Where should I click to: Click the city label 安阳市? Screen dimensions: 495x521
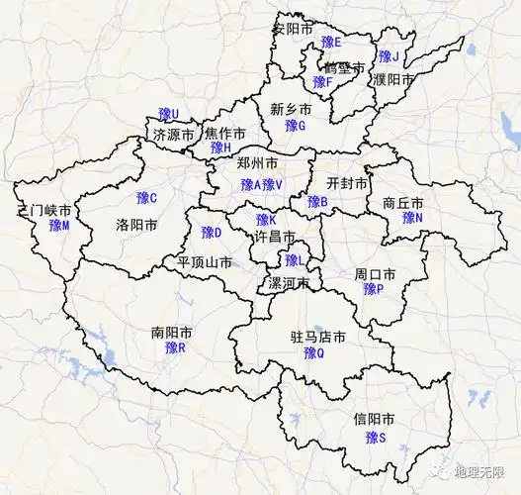coord(293,28)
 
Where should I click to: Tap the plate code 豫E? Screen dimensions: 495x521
coord(330,43)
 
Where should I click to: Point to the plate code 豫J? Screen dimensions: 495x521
coord(388,56)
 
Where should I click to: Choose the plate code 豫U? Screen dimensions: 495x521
coord(169,115)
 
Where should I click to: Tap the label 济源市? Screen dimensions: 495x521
coord(173,135)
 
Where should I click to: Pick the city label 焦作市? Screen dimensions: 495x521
coord(226,133)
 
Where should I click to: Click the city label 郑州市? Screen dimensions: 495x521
coord(257,163)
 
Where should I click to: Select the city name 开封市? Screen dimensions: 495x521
coord(347,184)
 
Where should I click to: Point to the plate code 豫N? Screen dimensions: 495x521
coord(412,218)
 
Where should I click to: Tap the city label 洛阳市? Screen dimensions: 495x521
coord(136,225)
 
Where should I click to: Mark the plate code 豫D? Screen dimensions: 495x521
coord(212,233)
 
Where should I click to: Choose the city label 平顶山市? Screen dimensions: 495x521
coord(205,263)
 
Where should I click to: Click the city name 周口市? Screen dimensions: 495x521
coord(375,273)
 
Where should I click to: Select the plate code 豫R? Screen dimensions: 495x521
coord(175,347)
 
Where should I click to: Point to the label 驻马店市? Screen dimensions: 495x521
coord(317,338)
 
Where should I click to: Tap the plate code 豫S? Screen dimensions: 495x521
coord(375,437)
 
